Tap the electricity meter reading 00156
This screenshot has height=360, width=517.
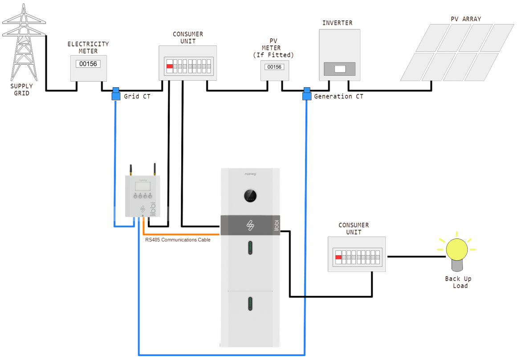[x=88, y=64]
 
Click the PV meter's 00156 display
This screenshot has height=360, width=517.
[x=274, y=67]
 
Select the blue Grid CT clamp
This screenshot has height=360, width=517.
[x=116, y=94]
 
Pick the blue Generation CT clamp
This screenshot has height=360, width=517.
[x=307, y=94]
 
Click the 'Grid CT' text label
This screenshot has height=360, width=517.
[x=136, y=96]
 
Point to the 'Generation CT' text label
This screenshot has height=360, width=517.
[x=338, y=96]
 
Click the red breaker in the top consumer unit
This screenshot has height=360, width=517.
[x=170, y=66]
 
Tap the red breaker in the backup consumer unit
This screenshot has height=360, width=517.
[x=338, y=257]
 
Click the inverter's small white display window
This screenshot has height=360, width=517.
[x=340, y=69]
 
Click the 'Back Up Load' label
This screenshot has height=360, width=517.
[x=458, y=282]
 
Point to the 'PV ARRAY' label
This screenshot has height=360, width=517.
[x=465, y=19]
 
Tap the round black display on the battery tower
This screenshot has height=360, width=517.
[x=250, y=196]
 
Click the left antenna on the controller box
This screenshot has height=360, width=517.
[x=131, y=170]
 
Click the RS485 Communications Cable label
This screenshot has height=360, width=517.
[x=178, y=240]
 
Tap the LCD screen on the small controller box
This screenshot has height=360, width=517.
[x=142, y=185]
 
